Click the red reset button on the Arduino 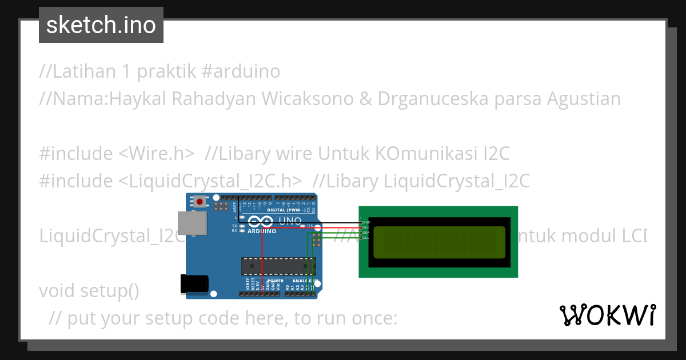pos(200,201)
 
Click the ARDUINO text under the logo pos(262,231)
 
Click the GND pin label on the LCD pos(366,222)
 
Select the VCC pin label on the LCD pos(366,227)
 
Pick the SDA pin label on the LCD pos(366,233)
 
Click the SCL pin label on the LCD pos(366,238)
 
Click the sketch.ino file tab pos(101,25)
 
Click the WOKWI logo pos(608,315)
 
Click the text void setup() pos(89,290)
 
